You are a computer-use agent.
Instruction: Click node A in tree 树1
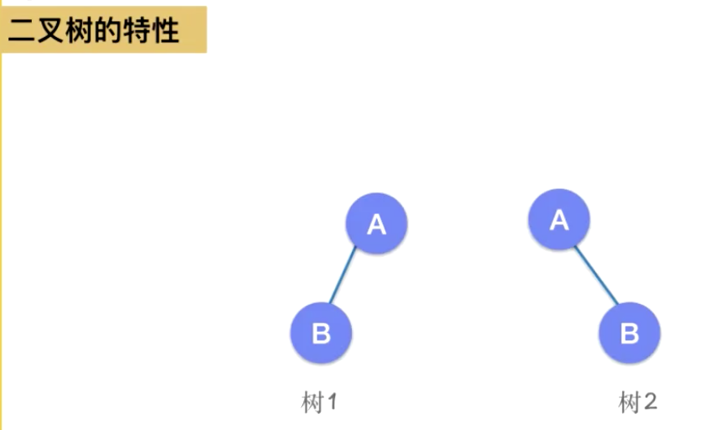pos(376,223)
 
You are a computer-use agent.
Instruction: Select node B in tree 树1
pos(321,333)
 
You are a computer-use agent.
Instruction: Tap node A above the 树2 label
pos(558,219)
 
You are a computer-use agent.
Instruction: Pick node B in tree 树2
pos(629,333)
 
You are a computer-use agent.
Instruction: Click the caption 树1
pos(319,402)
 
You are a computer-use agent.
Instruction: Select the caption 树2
pos(637,402)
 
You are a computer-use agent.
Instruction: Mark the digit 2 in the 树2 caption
pos(649,402)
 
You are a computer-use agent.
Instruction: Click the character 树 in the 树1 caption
pos(312,402)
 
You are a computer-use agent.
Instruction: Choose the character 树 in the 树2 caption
pos(630,402)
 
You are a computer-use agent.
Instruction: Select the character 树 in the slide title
pos(78,31)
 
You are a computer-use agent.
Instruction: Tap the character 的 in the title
pos(107,31)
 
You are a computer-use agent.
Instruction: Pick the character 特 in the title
pos(136,31)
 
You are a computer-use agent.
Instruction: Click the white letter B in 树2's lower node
pos(629,333)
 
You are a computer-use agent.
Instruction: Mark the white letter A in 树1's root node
pos(376,224)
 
